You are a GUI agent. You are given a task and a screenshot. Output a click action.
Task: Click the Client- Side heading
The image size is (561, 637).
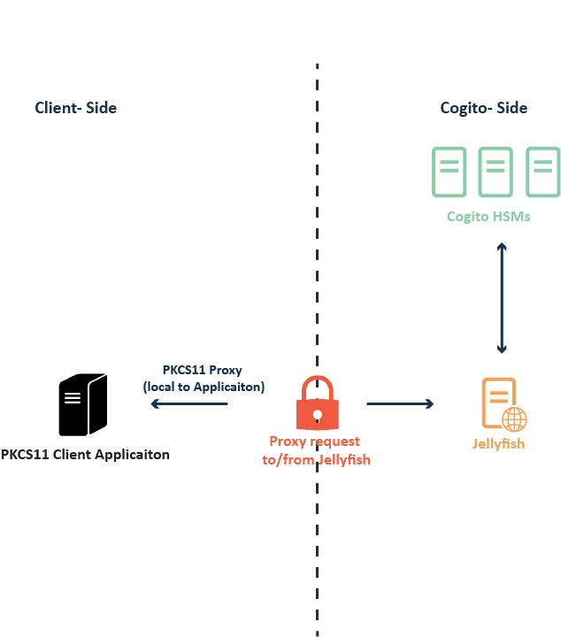point(76,108)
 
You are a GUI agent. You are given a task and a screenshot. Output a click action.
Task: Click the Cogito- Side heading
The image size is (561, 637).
point(484,108)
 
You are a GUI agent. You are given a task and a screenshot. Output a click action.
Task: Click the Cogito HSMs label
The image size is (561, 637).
point(488,216)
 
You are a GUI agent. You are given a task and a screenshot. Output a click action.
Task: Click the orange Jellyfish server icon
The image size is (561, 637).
point(499,403)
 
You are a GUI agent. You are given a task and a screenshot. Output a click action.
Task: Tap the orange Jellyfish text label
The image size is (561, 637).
point(498,443)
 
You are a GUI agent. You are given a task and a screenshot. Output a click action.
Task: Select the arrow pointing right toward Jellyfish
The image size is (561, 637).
point(400,404)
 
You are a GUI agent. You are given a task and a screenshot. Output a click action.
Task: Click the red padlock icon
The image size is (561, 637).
point(317,404)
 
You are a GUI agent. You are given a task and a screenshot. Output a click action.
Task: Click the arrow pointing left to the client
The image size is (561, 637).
point(188,404)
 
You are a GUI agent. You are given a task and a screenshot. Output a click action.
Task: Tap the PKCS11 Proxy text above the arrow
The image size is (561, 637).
point(203,370)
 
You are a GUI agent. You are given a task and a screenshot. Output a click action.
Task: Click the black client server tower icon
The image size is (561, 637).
point(83,404)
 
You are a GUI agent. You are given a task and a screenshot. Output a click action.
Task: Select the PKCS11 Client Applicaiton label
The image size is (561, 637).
point(85,456)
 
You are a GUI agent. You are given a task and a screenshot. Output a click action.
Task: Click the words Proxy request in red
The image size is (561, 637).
point(315,441)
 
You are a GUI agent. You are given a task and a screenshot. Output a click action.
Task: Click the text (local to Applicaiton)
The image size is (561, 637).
point(204,387)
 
